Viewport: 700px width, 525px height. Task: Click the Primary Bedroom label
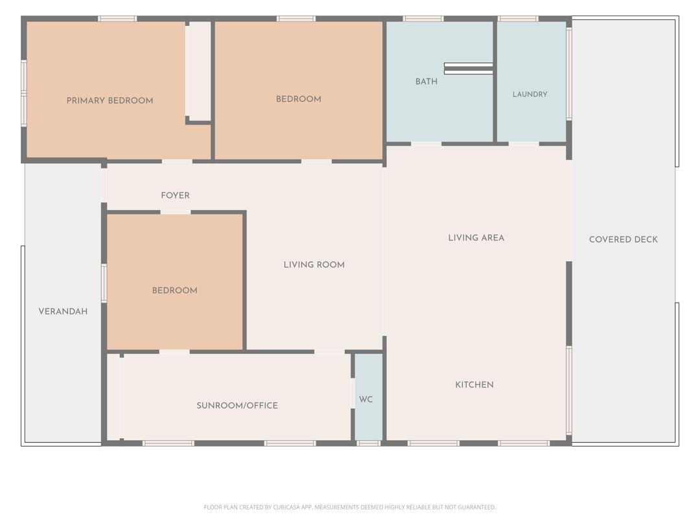click(x=110, y=100)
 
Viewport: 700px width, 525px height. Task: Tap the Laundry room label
click(x=530, y=94)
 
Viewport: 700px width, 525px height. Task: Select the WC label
click(x=366, y=399)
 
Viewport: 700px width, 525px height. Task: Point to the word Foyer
click(x=175, y=196)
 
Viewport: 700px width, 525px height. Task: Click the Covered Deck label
click(x=624, y=239)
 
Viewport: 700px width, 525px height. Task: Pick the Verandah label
click(x=63, y=312)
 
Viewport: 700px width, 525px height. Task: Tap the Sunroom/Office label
click(x=237, y=405)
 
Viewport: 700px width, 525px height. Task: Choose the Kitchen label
click(x=474, y=385)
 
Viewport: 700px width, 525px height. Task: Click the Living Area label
click(x=476, y=238)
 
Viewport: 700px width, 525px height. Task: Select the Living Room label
click(x=314, y=264)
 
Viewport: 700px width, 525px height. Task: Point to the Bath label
click(x=426, y=82)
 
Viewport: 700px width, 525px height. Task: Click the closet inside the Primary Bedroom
click(x=198, y=71)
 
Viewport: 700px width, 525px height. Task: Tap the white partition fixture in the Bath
click(x=469, y=68)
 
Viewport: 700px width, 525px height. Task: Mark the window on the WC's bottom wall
click(x=369, y=443)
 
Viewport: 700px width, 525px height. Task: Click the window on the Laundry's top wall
click(x=518, y=19)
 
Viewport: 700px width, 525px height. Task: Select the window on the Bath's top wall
click(x=423, y=19)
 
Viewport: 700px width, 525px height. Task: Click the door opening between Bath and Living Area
click(x=426, y=144)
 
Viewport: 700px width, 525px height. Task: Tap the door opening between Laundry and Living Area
click(x=524, y=144)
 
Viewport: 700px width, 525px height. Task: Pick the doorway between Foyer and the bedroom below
click(x=176, y=212)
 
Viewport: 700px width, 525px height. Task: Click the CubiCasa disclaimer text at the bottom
click(x=349, y=507)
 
